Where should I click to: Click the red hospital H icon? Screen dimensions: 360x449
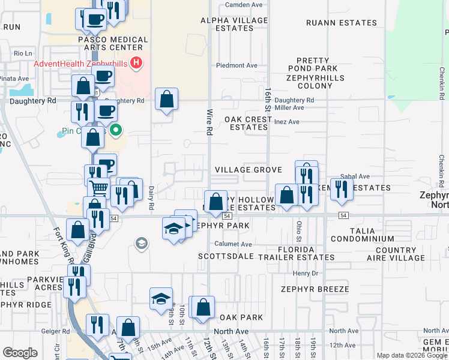[137, 62]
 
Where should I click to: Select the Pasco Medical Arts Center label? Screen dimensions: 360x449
[113, 44]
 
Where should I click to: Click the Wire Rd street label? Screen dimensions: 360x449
[209, 122]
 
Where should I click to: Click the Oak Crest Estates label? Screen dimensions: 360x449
[249, 123]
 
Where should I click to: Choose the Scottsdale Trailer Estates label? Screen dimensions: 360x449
[267, 257]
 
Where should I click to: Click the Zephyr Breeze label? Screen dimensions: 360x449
[310, 289]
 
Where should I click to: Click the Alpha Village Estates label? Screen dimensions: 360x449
[234, 24]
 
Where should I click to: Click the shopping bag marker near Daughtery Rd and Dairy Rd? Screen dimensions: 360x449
[166, 99]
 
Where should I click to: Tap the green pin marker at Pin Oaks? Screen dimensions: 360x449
[118, 128]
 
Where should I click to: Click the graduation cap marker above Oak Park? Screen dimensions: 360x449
[161, 299]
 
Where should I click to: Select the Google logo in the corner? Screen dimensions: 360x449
[20, 353]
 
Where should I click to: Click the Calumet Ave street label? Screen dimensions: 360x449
[234, 244]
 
